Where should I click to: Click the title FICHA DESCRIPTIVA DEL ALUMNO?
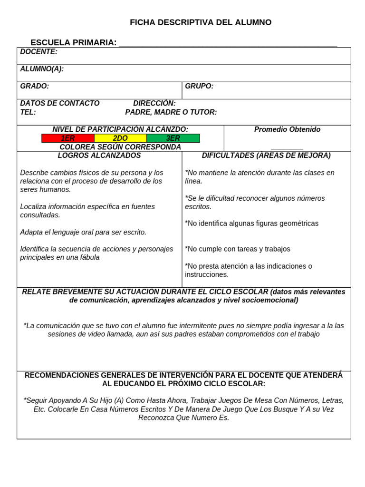click(201, 22)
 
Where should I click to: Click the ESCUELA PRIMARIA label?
click(73, 42)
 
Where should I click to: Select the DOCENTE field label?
click(38, 52)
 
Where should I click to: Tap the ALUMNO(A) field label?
click(42, 69)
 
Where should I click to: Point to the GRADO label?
click(35, 86)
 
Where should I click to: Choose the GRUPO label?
click(199, 86)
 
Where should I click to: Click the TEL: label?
click(28, 112)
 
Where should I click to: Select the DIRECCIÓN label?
click(154, 103)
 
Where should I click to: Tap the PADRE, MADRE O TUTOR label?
click(171, 112)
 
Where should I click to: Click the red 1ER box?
click(68, 138)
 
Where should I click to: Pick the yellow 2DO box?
click(120, 138)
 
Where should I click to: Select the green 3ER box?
click(173, 138)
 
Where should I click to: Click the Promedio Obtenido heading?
click(287, 129)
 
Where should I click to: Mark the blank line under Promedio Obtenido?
click(287, 148)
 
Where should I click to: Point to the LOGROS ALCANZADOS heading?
click(99, 156)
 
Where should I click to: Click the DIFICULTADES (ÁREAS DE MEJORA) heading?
click(266, 156)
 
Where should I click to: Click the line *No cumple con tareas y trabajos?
click(237, 249)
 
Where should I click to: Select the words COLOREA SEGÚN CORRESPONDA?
click(120, 147)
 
